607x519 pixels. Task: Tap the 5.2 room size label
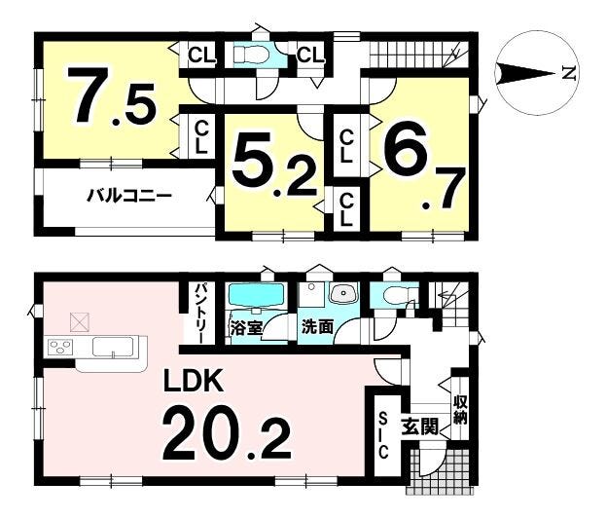[274, 166]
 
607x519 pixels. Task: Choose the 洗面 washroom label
[317, 327]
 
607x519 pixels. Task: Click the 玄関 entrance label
[419, 426]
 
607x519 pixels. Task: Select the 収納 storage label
[461, 410]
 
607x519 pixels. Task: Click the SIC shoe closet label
[383, 435]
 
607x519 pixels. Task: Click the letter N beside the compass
[569, 74]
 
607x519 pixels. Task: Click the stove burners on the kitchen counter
[60, 346]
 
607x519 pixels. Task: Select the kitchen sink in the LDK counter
[113, 348]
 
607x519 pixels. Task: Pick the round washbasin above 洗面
[342, 293]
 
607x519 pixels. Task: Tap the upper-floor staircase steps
[413, 55]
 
